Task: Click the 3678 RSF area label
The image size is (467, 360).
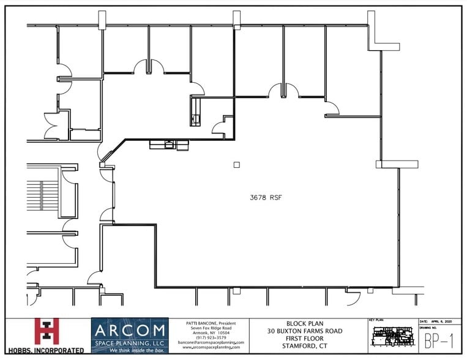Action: point(265,198)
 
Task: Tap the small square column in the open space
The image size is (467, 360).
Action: point(236,164)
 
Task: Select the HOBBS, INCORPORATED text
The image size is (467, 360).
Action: point(44,350)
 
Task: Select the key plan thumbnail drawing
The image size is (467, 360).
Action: point(392,337)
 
